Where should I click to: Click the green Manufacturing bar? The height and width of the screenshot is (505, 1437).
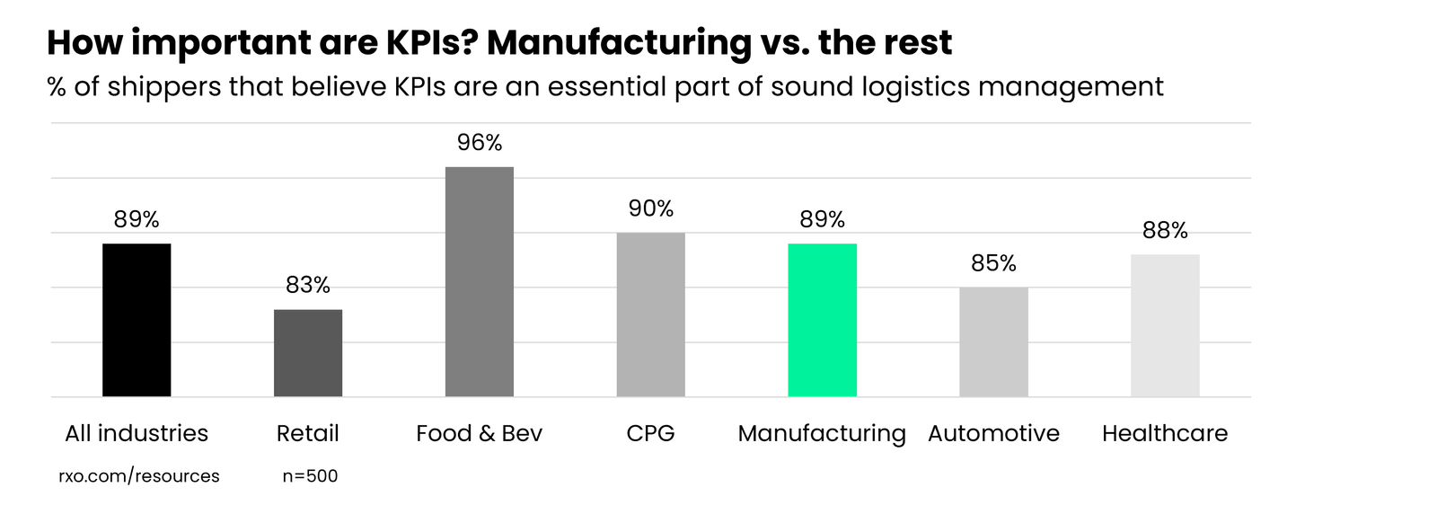[x=822, y=320]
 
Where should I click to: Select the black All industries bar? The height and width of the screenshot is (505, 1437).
[x=137, y=320]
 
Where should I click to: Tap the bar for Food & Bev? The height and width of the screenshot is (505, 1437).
[x=480, y=281]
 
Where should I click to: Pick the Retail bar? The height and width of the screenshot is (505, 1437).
[x=308, y=353]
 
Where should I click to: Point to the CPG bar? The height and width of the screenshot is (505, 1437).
[x=650, y=315]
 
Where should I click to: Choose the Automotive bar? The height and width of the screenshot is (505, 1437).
[x=993, y=342]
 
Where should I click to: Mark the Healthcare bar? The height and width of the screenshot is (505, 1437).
[x=1165, y=325]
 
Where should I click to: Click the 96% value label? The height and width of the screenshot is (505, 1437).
[x=480, y=143]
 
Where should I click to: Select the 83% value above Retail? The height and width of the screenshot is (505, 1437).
[x=308, y=285]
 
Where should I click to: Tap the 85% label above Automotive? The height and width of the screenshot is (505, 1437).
[x=993, y=263]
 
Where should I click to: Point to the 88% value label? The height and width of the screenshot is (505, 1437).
[x=1165, y=231]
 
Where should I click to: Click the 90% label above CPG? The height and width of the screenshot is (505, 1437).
[x=650, y=208]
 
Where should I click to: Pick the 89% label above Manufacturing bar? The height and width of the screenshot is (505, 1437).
[x=822, y=219]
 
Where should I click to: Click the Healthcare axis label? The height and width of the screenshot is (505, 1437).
[x=1165, y=433]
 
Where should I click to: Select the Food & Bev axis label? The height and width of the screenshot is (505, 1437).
[x=480, y=433]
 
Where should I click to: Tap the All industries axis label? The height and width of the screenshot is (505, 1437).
[x=137, y=433]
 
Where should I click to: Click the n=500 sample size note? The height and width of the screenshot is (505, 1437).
[x=310, y=476]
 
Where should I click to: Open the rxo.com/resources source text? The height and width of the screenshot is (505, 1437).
[x=139, y=476]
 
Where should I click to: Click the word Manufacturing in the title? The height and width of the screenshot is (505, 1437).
[x=619, y=43]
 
